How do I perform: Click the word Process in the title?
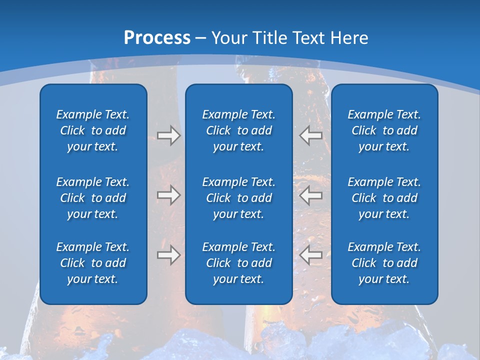pyautogui.click(x=157, y=38)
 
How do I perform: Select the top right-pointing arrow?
pyautogui.click(x=168, y=135)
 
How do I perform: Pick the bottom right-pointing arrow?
pyautogui.click(x=168, y=255)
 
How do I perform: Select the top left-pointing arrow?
pyautogui.click(x=311, y=135)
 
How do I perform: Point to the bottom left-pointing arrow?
pyautogui.click(x=311, y=255)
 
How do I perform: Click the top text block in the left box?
pyautogui.click(x=93, y=130)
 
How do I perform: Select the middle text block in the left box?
pyautogui.click(x=93, y=198)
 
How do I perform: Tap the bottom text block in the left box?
pyautogui.click(x=93, y=263)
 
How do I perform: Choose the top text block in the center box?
pyautogui.click(x=238, y=130)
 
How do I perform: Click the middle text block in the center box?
pyautogui.click(x=238, y=198)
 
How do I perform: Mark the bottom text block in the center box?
pyautogui.click(x=238, y=263)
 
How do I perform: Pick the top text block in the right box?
pyautogui.click(x=384, y=130)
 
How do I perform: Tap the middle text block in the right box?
pyautogui.click(x=384, y=198)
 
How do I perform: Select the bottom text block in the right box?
pyautogui.click(x=384, y=263)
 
